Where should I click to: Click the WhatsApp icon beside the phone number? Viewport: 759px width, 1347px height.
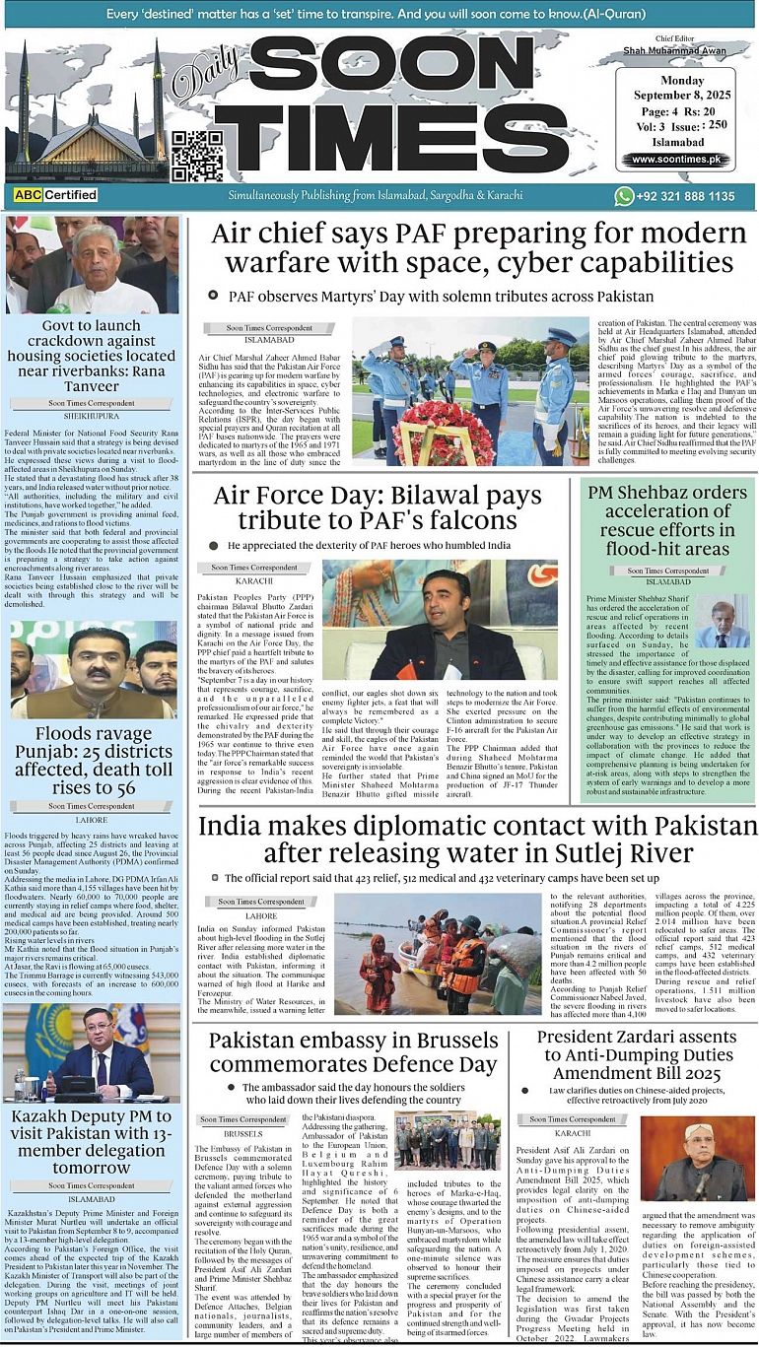[623, 196]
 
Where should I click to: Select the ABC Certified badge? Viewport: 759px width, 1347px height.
[56, 196]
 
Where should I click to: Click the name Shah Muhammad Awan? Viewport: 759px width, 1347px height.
[675, 52]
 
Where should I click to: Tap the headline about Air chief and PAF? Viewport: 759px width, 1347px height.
[480, 248]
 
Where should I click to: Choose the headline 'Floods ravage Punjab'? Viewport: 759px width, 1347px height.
[95, 760]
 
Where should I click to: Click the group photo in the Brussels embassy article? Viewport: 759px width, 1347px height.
[448, 1140]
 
